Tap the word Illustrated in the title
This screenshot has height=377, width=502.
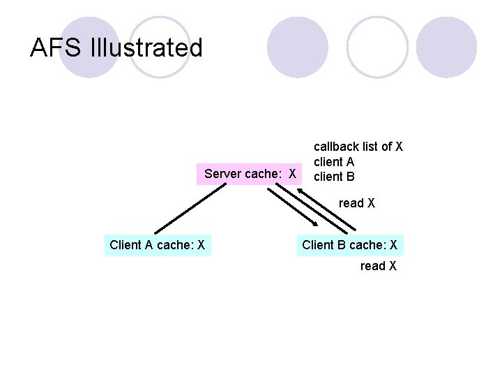click(x=146, y=48)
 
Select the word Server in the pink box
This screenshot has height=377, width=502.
click(x=222, y=173)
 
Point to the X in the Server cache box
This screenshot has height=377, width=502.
click(x=293, y=173)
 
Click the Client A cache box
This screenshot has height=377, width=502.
click(x=157, y=245)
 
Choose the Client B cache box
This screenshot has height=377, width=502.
click(x=349, y=245)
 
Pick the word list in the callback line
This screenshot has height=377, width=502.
click(x=374, y=147)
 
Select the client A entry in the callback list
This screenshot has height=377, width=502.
click(x=334, y=162)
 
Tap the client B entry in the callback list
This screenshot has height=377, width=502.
click(x=334, y=177)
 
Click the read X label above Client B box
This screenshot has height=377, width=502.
click(x=357, y=203)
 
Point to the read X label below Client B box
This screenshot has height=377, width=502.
click(x=379, y=266)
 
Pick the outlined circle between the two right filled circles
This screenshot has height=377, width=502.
click(x=376, y=47)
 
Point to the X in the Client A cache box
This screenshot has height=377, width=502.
click(x=201, y=245)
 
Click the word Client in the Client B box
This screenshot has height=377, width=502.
click(x=317, y=245)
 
